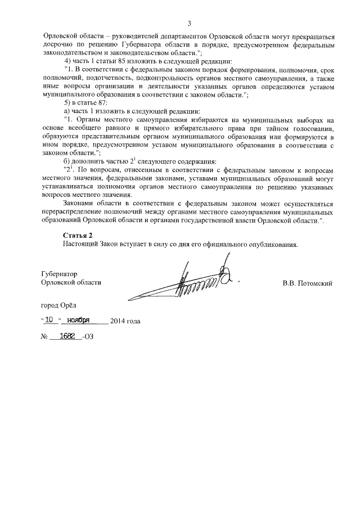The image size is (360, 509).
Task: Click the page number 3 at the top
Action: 189,23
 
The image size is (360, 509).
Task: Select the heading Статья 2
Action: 76,235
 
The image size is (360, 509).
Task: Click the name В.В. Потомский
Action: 308,283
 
